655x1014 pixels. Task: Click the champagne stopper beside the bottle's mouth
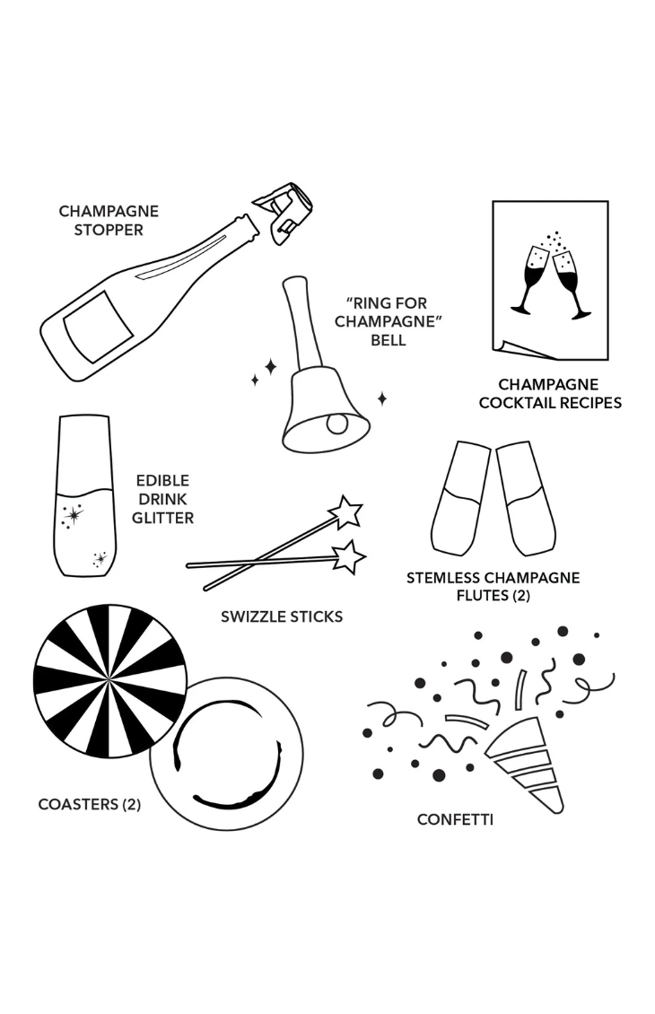pos(284,213)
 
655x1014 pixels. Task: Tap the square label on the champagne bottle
pos(98,327)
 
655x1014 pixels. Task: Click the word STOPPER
pos(108,231)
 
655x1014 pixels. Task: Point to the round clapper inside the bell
pos(336,424)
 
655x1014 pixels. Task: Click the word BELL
pos(388,340)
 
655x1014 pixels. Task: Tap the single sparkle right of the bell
pos(382,398)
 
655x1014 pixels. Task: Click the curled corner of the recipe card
pos(524,350)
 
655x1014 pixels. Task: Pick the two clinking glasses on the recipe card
pos(550,275)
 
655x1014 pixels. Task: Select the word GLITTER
pos(162,518)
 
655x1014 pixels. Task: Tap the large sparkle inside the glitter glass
pos(73,515)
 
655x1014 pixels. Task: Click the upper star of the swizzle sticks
pos(345,512)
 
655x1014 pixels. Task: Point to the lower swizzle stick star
pos(349,556)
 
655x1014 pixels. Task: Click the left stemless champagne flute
pos(461,498)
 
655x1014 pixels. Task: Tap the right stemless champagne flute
pos(526,498)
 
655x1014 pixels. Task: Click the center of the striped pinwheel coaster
pos(110,681)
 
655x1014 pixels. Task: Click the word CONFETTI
pos(455,820)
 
